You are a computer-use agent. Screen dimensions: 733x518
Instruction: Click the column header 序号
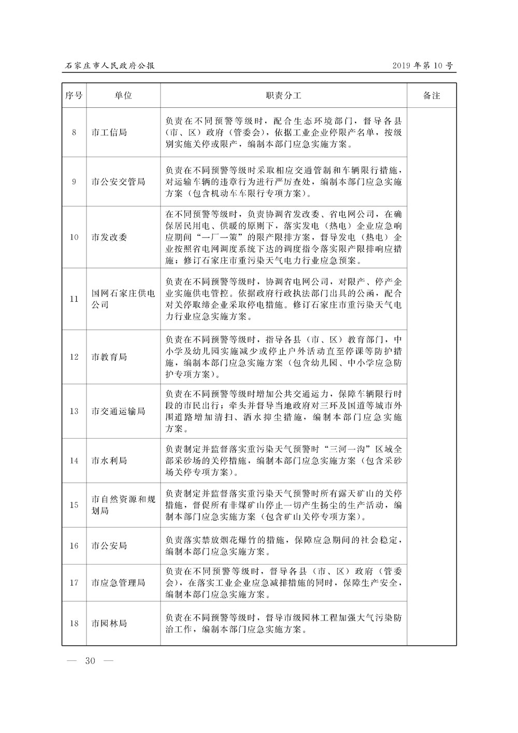tap(74, 96)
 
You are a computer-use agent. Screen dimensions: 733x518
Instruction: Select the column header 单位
tap(123, 96)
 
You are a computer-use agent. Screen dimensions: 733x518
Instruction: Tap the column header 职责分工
tap(283, 96)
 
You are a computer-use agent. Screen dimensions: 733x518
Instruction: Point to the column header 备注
tap(431, 96)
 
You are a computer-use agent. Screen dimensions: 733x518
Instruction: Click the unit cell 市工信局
tap(109, 132)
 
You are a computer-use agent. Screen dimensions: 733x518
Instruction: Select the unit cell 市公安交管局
tap(118, 181)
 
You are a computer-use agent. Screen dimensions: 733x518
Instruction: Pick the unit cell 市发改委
tap(109, 237)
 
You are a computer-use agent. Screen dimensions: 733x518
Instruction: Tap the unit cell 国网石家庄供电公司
tap(123, 299)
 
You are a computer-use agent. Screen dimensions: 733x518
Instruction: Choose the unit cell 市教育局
tap(109, 357)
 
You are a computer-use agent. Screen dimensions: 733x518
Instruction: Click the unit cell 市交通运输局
tap(118, 411)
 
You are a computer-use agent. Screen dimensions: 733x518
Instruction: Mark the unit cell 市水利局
tap(109, 460)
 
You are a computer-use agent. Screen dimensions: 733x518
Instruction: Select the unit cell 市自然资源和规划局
tap(123, 505)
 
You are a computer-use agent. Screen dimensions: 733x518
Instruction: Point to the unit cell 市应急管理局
tap(118, 582)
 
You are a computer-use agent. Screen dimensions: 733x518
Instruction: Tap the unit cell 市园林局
tap(109, 623)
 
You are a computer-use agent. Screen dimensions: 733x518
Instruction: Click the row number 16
tap(74, 545)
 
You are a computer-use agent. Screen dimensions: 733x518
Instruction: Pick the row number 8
tap(74, 132)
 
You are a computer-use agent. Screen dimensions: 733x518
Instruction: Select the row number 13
tap(74, 411)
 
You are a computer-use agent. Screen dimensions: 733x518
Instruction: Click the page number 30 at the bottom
tap(91, 660)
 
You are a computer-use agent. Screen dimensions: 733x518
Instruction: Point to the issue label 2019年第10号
tap(423, 66)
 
